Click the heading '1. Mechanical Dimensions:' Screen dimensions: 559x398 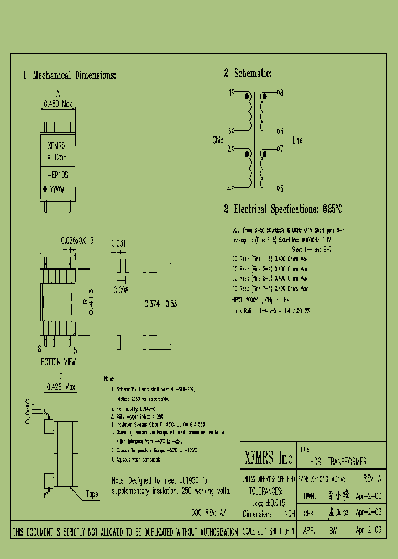tap(70, 76)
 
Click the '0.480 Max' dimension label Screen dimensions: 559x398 tap(58, 103)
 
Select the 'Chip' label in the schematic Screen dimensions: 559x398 tap(218, 140)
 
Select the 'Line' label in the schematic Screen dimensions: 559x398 tap(297, 140)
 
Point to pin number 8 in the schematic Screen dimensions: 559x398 tap(281, 93)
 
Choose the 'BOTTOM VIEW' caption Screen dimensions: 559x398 tap(59, 362)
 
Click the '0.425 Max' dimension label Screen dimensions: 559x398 tap(61, 386)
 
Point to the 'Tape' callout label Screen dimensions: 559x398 tap(92, 494)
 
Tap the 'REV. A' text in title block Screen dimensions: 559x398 tap(373, 478)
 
